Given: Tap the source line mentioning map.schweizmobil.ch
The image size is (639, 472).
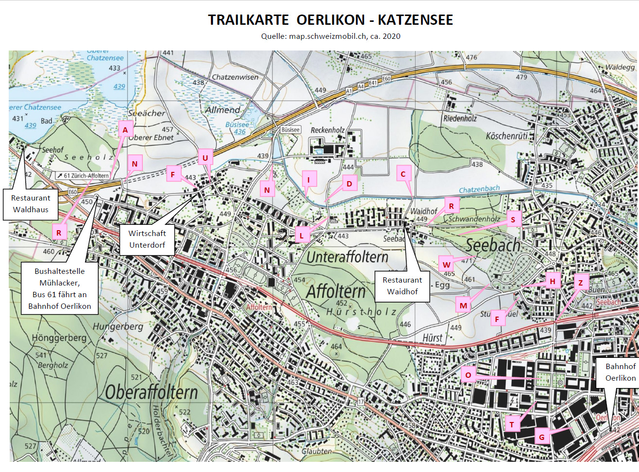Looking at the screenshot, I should point(330,36).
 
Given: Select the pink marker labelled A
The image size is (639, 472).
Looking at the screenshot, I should point(125,130).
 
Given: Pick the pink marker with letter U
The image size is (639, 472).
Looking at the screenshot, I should point(205,158).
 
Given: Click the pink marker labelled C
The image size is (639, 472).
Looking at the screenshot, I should point(403,174).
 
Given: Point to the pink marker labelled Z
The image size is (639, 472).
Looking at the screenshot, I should point(580,283).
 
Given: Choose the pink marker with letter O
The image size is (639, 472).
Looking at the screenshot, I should point(468,375).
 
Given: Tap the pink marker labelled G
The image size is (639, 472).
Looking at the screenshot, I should point(542,437).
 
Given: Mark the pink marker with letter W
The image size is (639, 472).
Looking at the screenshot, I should point(446,265).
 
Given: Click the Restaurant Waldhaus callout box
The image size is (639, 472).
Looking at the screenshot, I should point(31,204).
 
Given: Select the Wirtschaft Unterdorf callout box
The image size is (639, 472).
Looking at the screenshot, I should point(147,239).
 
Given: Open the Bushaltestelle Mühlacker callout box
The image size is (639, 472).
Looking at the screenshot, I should point(60,288).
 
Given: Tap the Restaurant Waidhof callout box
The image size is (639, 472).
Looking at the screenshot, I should point(402,286).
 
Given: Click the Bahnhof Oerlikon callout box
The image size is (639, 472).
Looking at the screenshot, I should point(620,372).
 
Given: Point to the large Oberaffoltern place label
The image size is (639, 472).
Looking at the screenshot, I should point(151,392).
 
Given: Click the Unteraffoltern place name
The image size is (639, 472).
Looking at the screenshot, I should point(347,256).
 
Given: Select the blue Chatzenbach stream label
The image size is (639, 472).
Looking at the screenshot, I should point(479,189).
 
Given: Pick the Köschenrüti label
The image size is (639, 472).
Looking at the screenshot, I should point(507,136).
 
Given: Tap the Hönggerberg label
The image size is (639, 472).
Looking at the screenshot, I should point(59,337).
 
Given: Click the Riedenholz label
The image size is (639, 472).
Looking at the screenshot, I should point(460,118).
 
